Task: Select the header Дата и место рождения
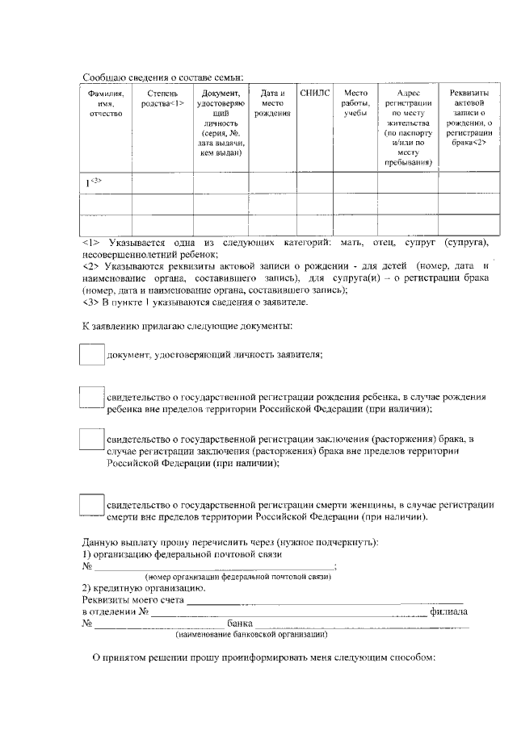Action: coord(271,103)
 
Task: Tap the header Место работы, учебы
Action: coord(355,103)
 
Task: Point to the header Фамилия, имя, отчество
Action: coord(107,103)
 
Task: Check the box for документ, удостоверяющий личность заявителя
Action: coord(92,354)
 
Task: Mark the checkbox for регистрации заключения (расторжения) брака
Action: coord(92,439)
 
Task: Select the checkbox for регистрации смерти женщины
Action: coord(92,504)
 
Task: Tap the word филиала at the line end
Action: coord(449,611)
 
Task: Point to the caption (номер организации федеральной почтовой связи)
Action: coord(238,578)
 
